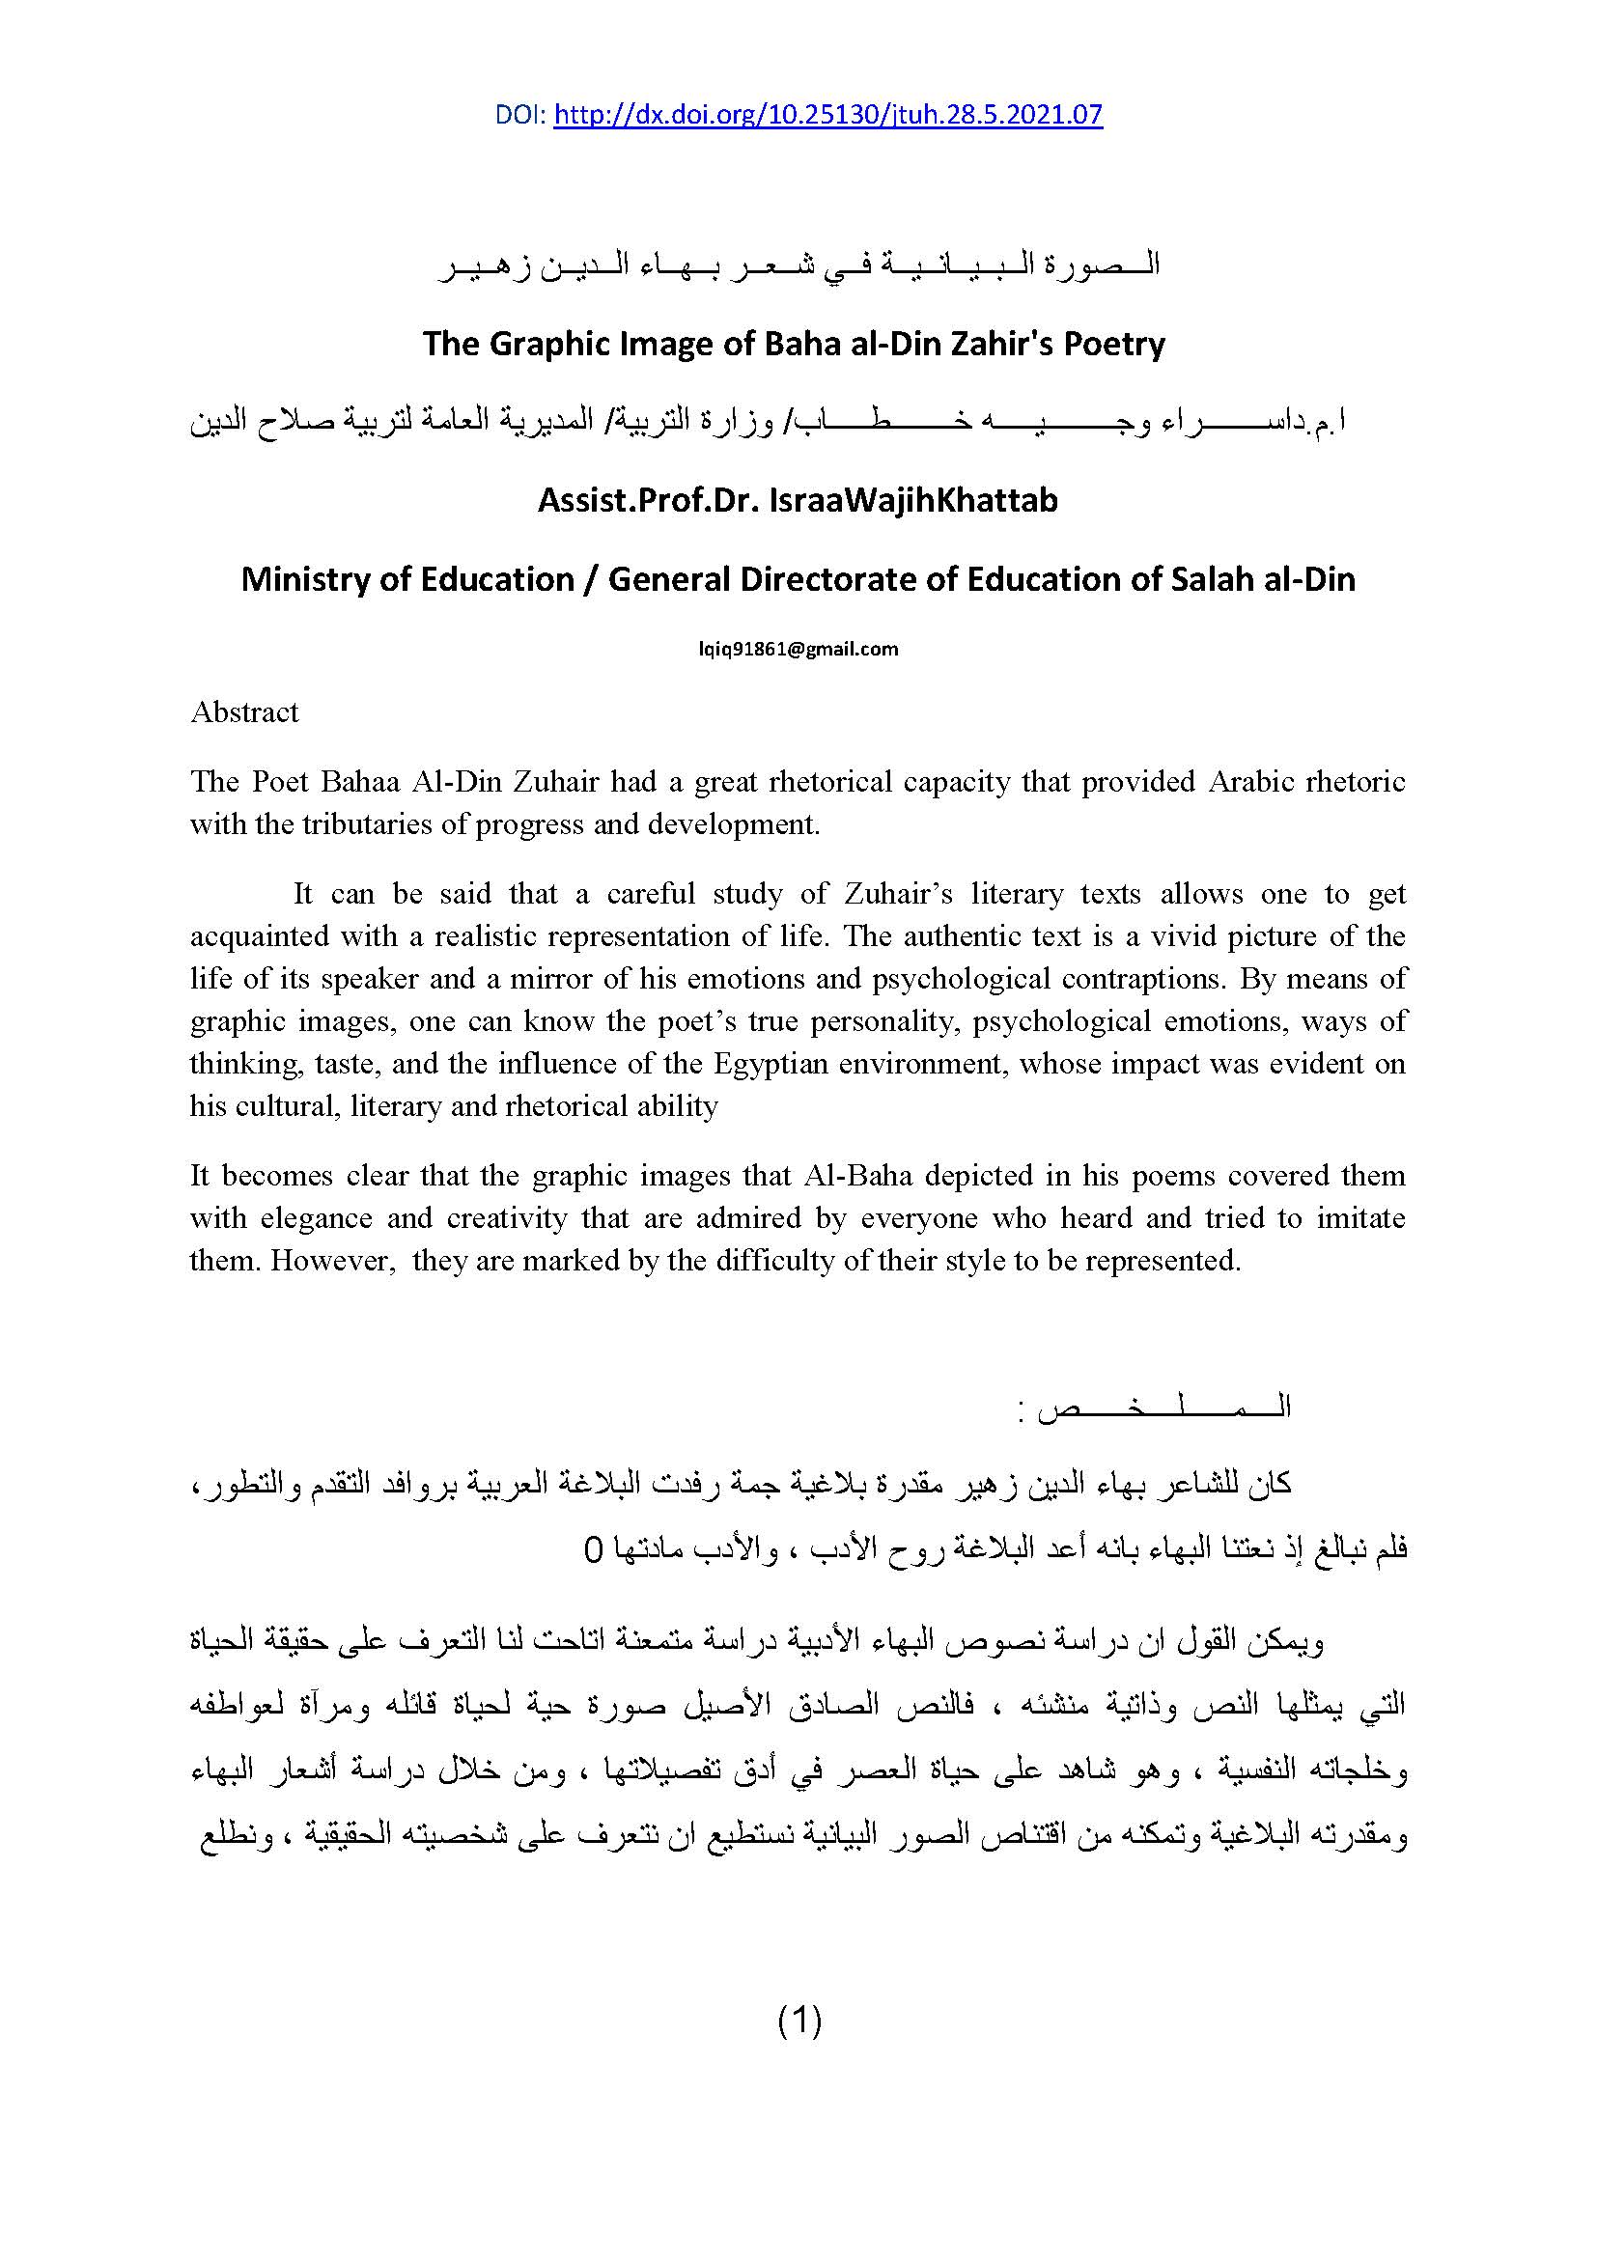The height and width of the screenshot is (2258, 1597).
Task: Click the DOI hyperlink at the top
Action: pyautogui.click(x=828, y=115)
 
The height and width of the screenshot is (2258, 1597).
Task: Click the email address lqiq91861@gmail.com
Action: pyautogui.click(x=798, y=649)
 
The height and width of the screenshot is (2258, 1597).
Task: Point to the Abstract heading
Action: pyautogui.click(x=245, y=712)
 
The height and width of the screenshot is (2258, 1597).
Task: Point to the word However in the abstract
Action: pyautogui.click(x=331, y=1261)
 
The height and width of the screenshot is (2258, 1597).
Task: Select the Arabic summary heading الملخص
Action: pyautogui.click(x=1156, y=1408)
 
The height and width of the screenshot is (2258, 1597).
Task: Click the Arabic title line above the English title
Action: pyautogui.click(x=798, y=265)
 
